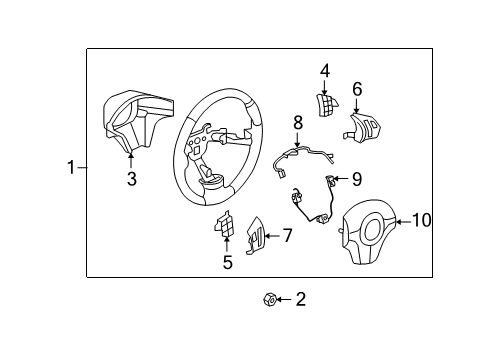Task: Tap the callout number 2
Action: pos(301,299)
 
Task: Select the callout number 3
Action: pos(131,180)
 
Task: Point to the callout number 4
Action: pos(325,71)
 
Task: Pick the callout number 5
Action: pos(228,263)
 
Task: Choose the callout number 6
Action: pos(356,88)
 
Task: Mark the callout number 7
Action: pos(287,236)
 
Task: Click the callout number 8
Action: pos(297,122)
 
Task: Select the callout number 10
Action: pos(421,220)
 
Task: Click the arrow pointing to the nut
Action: pos(285,299)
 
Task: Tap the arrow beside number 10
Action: pos(402,221)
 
